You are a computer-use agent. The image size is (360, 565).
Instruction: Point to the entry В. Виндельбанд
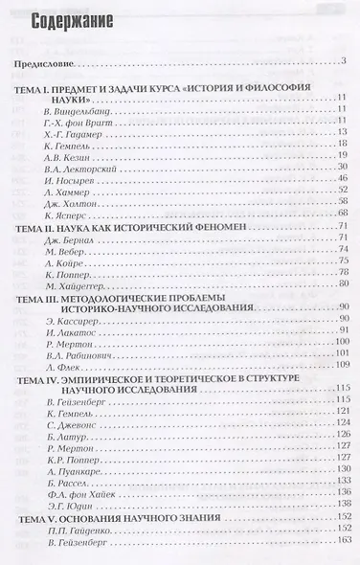click(x=79, y=113)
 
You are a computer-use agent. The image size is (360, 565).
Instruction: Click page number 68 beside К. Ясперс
click(x=339, y=240)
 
